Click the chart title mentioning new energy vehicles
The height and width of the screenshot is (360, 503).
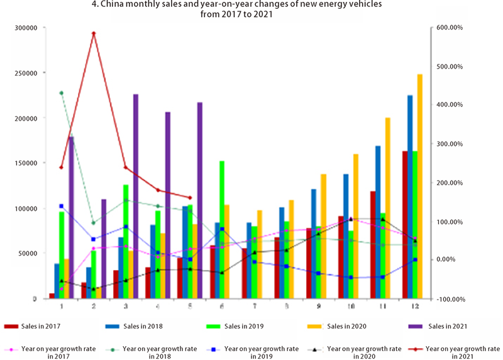[x=251, y=9]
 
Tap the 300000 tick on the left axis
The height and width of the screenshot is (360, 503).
[x=27, y=28]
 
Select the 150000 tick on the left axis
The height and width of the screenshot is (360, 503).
[x=27, y=163]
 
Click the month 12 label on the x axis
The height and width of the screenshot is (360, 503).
[x=414, y=306]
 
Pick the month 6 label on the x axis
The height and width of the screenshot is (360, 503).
[x=222, y=306]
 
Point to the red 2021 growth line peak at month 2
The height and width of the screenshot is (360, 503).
[x=93, y=33]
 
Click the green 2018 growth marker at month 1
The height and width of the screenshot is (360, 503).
[x=61, y=93]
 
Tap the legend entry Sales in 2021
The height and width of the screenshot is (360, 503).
[x=439, y=327]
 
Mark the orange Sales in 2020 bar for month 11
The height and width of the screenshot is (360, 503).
[x=387, y=208]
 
